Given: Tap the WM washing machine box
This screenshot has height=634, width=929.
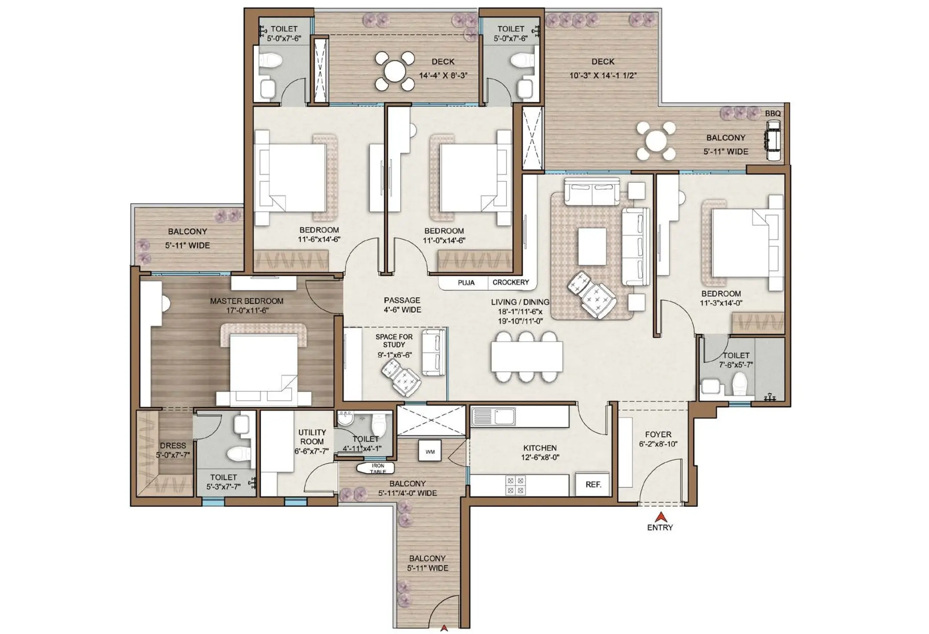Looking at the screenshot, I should pos(430,451).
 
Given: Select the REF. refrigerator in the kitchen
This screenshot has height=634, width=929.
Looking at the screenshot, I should pos(593,484).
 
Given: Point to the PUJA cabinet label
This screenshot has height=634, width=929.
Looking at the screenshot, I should pos(466,283).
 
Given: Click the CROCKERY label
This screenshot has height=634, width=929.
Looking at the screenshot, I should pos(510,282).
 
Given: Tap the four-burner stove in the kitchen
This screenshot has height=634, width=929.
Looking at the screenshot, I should pos(515,485).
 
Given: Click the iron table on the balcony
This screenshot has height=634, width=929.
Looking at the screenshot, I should pos(377,468).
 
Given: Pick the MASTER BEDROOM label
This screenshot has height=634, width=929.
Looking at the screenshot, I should pos(246,301).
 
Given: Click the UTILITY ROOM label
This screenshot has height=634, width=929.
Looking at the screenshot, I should pos(312,437).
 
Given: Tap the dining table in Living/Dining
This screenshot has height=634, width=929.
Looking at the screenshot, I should pos(527,357).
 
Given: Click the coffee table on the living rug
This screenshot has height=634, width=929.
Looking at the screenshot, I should pos(592,246).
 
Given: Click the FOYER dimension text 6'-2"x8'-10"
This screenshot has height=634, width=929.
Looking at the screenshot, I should pos(658,444).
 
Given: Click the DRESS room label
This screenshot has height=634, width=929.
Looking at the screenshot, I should pos(173,446).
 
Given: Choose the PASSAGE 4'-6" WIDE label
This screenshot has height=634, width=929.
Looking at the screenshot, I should pos(402,305).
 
